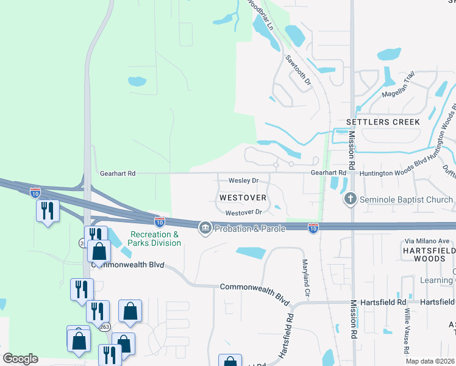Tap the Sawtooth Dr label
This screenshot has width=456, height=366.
pos(298,70)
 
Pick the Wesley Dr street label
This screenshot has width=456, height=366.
pos(244,181)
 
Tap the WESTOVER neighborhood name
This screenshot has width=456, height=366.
pos(243,198)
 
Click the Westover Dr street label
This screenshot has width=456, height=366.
pos(243,212)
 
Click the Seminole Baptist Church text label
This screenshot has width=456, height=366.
pos(406,199)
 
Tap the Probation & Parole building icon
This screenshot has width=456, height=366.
pos(205,228)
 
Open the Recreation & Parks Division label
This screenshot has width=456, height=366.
pos(156,239)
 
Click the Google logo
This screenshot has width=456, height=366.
pos(21,358)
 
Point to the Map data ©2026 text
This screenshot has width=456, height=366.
pos(430,361)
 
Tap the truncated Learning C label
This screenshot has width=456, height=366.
pos(437,280)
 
